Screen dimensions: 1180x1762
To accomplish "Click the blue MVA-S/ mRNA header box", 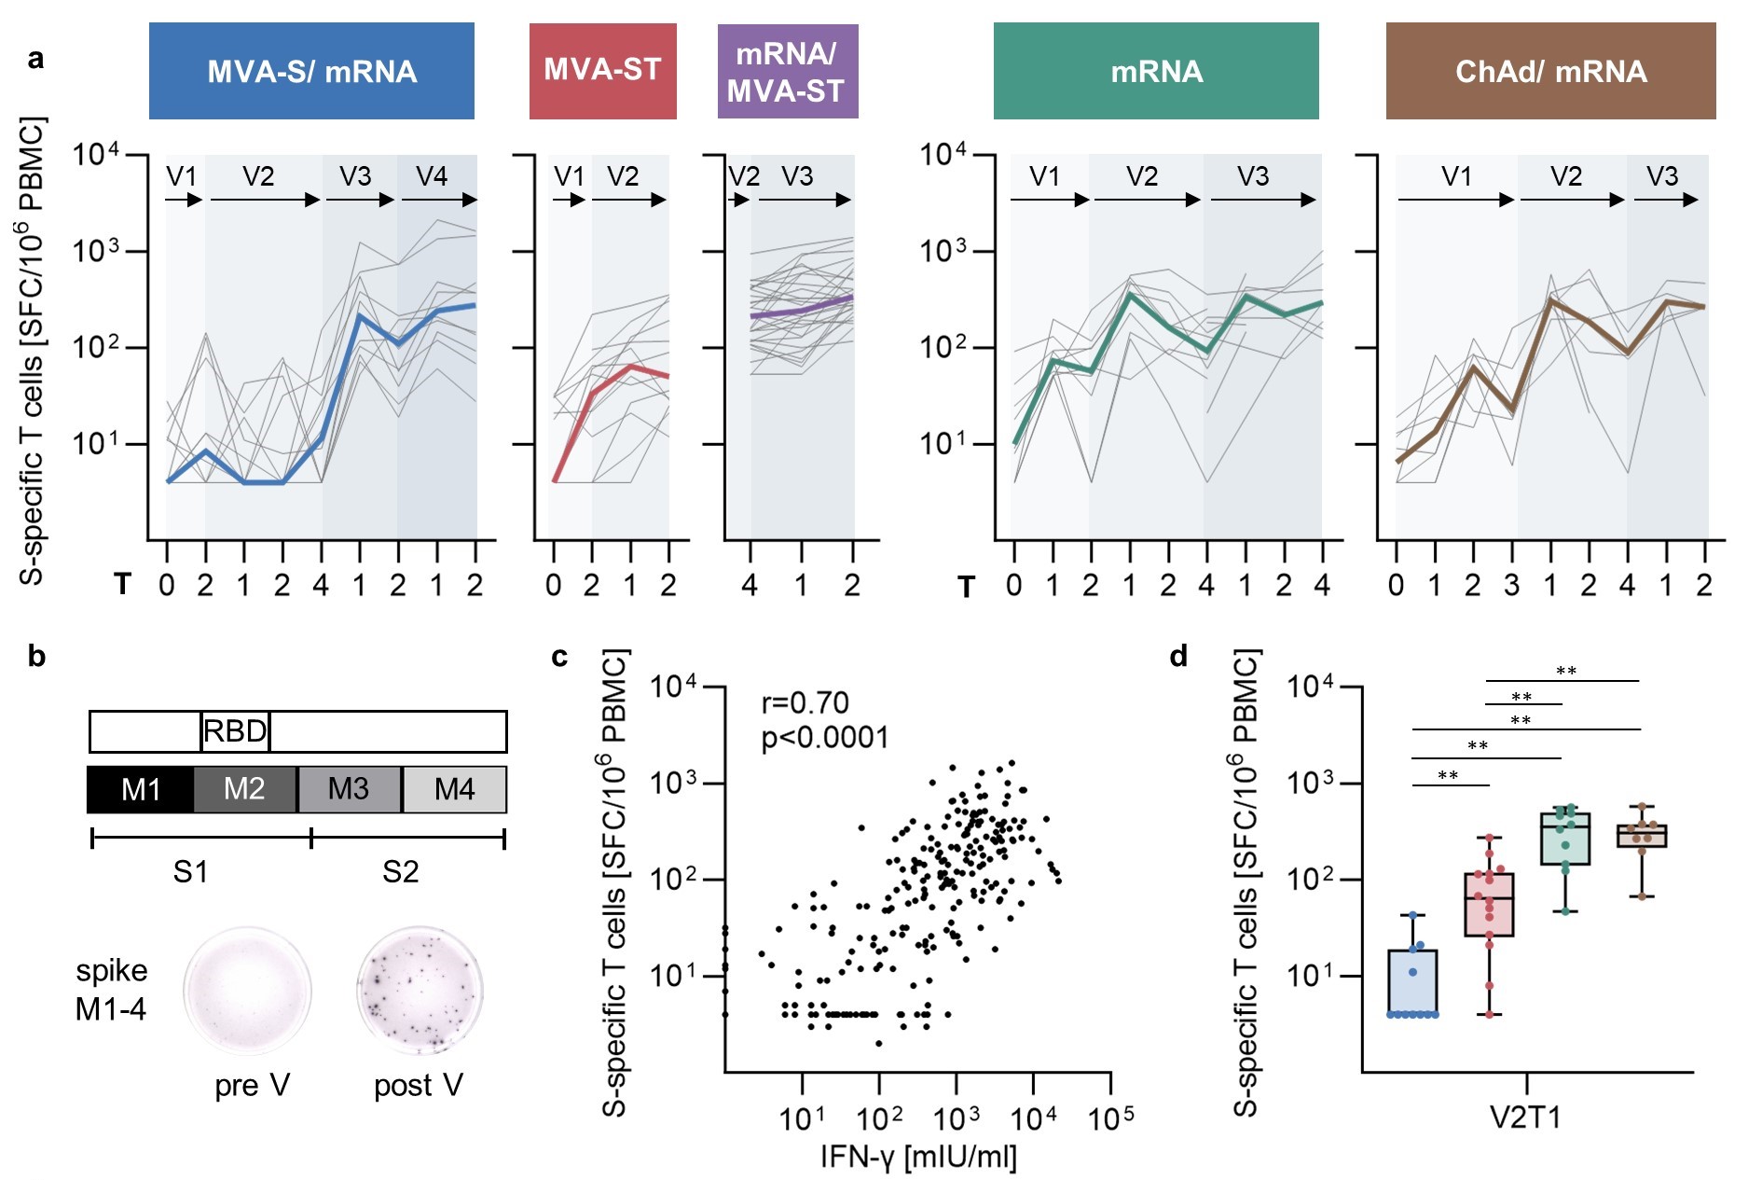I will click(311, 71).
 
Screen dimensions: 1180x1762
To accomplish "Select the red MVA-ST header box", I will click(602, 71).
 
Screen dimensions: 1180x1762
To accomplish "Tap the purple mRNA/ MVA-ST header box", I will click(787, 71).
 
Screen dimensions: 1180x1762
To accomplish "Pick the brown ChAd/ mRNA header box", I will click(1550, 71).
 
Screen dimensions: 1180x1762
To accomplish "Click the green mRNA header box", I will click(1156, 71).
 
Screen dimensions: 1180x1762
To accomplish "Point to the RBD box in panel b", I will click(235, 731).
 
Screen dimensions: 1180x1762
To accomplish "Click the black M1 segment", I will click(141, 790).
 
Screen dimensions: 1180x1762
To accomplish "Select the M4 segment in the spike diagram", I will click(455, 790).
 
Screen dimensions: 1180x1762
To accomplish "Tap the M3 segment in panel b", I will click(350, 790).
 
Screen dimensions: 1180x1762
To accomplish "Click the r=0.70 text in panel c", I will click(805, 702).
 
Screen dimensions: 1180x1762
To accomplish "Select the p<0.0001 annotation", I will click(825, 738).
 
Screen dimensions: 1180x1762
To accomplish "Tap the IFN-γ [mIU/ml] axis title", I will click(918, 1157).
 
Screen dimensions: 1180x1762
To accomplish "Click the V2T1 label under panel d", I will click(1525, 1117).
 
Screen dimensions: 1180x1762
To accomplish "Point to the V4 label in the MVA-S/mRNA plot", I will click(432, 176).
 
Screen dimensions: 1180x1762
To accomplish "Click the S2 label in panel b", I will click(400, 872).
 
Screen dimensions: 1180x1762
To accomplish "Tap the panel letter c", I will click(559, 657).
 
